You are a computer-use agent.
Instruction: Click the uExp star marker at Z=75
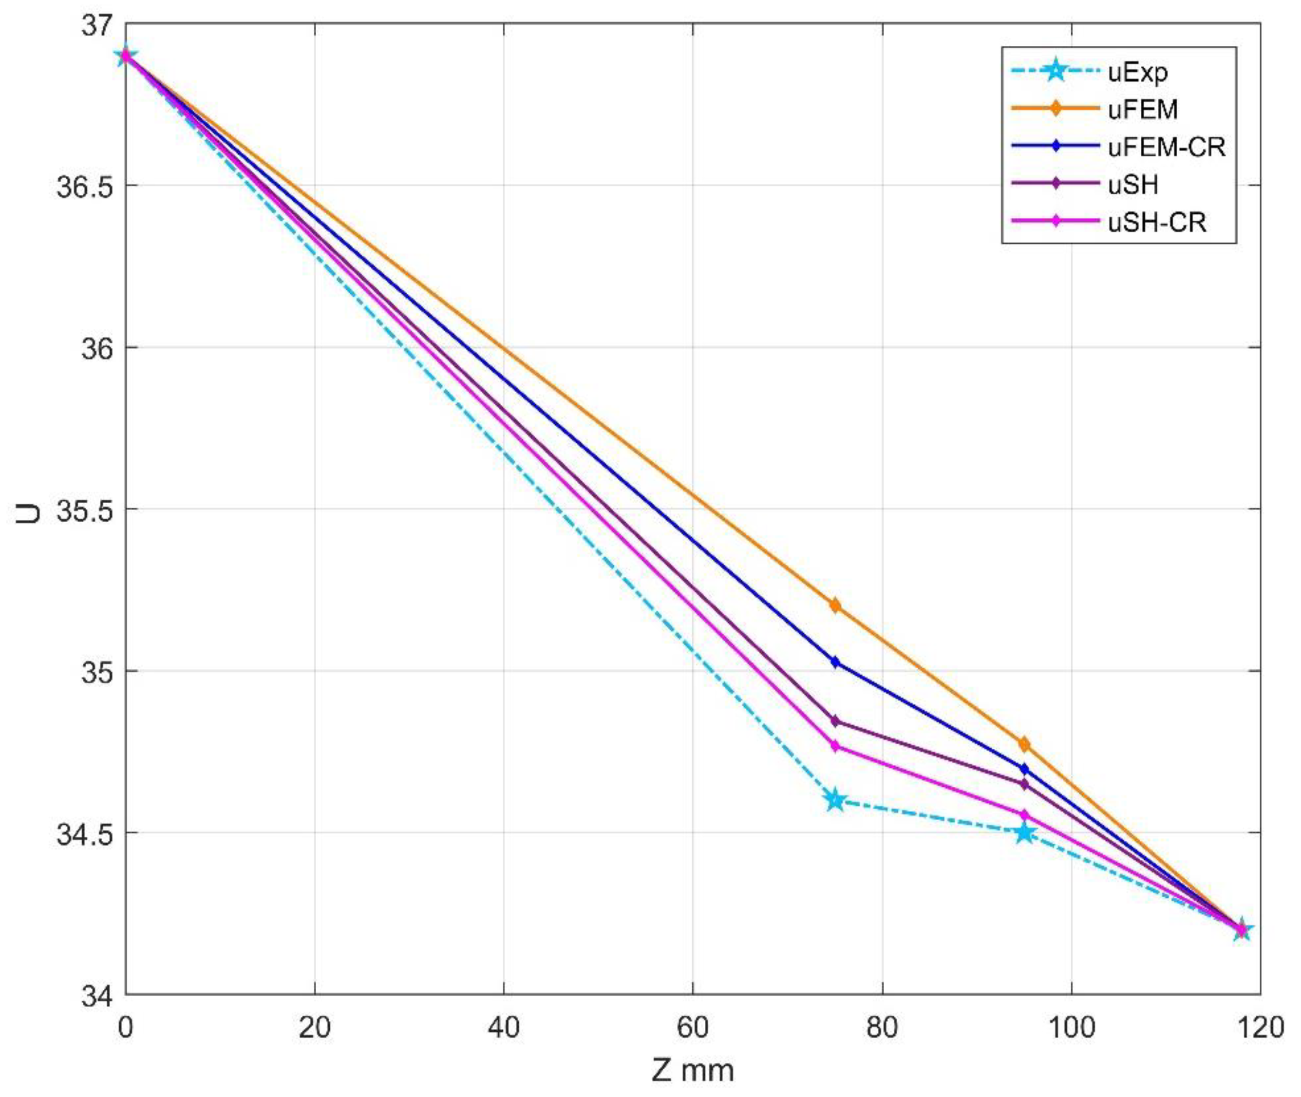835,800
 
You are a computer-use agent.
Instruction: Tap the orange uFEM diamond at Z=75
835,605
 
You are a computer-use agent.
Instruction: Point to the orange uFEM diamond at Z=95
1024,744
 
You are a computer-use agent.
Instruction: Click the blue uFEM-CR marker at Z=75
835,662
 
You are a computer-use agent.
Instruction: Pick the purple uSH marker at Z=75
835,721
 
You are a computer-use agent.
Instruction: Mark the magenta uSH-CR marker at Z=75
835,746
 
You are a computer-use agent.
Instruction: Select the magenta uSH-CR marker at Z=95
1024,814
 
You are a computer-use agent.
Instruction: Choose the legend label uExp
1138,72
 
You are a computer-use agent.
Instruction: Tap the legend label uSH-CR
1157,222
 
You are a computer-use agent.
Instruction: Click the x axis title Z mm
693,1071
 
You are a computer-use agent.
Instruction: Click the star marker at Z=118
1241,930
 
